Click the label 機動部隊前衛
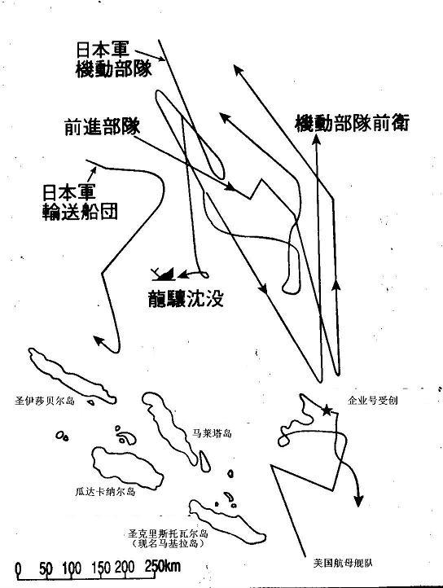(x=353, y=123)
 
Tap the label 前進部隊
(x=102, y=127)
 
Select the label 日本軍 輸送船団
(x=80, y=201)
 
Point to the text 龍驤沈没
(x=186, y=299)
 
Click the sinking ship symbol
(x=164, y=274)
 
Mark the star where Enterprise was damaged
(x=327, y=410)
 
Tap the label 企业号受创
(x=372, y=401)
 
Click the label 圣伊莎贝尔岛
(x=45, y=401)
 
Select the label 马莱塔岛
(x=212, y=433)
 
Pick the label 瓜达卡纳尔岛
(x=105, y=492)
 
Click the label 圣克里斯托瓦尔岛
(x=168, y=533)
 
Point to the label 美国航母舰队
(x=343, y=563)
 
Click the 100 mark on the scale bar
(x=72, y=568)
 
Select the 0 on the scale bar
(x=18, y=568)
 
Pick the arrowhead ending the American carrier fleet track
(x=358, y=501)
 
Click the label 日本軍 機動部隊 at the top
(x=114, y=59)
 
